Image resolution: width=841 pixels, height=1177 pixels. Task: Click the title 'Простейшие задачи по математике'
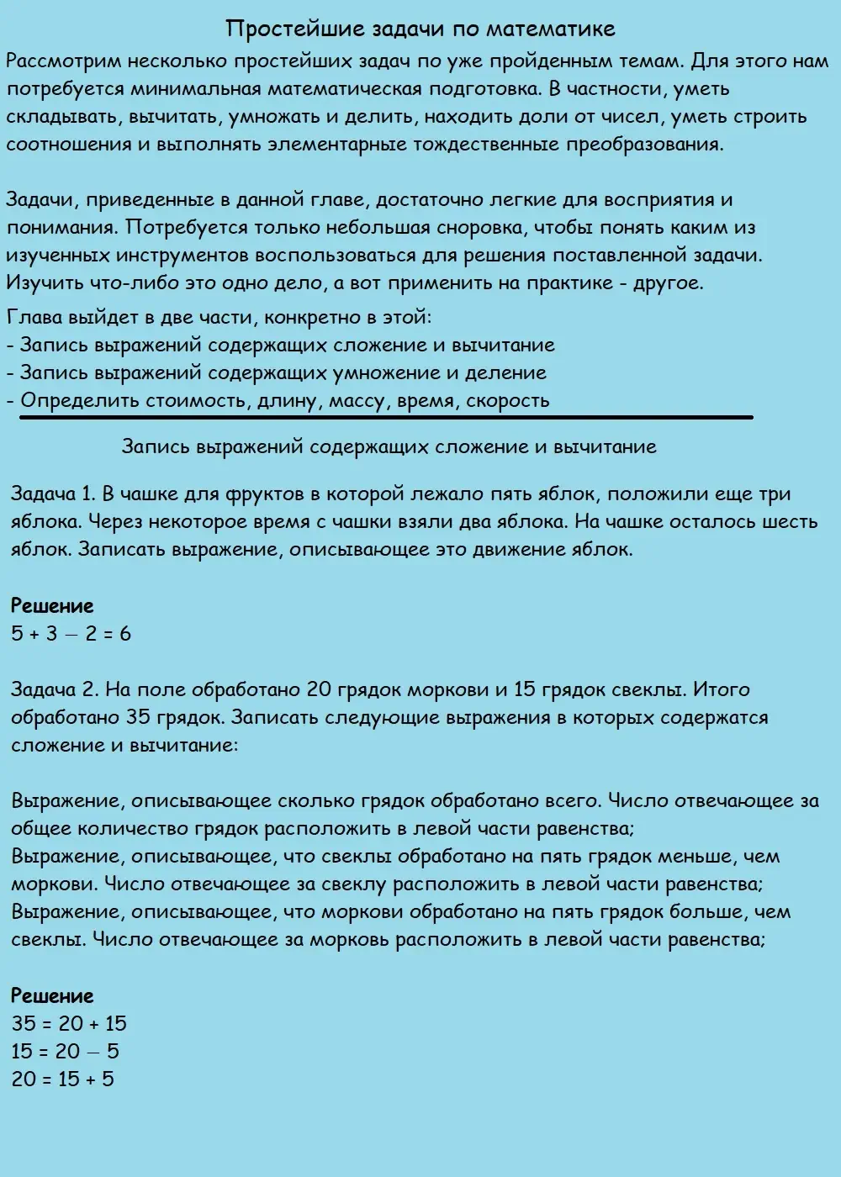pyautogui.click(x=420, y=29)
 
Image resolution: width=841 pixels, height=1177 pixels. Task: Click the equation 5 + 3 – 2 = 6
pyautogui.click(x=71, y=634)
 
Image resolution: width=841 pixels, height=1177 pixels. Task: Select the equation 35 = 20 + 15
pyautogui.click(x=69, y=1024)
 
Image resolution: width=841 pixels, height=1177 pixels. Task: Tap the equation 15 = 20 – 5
pyautogui.click(x=66, y=1052)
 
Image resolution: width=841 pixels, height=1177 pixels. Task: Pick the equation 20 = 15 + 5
pyautogui.click(x=63, y=1079)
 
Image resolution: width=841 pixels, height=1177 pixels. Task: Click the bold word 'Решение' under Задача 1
pyautogui.click(x=52, y=605)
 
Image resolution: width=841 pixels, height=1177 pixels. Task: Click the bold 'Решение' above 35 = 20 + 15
pyautogui.click(x=52, y=996)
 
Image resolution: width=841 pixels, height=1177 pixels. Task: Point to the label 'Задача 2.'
pyautogui.click(x=56, y=690)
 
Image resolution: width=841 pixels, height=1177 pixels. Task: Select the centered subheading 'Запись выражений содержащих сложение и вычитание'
pyautogui.click(x=389, y=446)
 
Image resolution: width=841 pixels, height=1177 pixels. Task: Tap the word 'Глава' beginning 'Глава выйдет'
pyautogui.click(x=31, y=318)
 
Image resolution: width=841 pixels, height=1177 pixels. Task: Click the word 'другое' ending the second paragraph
pyautogui.click(x=666, y=282)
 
